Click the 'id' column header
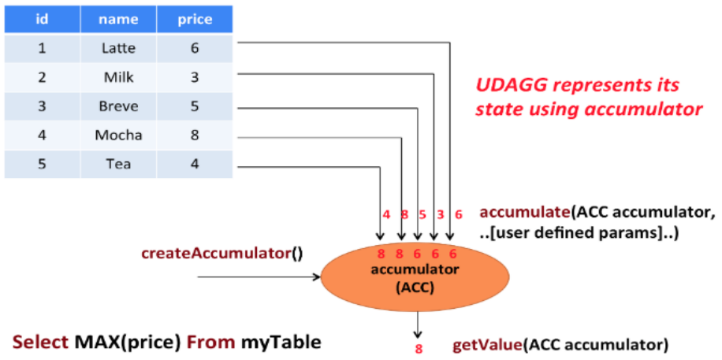click(x=42, y=19)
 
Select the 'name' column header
click(x=118, y=19)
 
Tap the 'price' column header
click(x=194, y=19)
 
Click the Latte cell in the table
click(x=118, y=48)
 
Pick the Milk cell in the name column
click(x=118, y=77)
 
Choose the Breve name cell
click(x=118, y=106)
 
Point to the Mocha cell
click(x=118, y=135)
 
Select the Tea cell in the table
click(x=118, y=164)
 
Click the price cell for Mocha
click(x=194, y=135)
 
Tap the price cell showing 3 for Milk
click(x=194, y=77)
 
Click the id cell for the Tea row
click(x=42, y=164)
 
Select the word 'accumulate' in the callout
click(x=525, y=212)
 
